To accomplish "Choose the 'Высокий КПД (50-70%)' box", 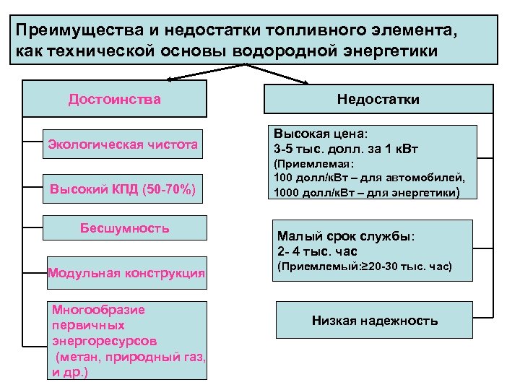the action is (123, 190).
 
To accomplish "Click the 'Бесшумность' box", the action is (124, 228).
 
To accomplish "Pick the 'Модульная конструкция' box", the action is (126, 273).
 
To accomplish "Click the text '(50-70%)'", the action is (170, 190).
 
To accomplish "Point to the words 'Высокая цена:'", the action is (320, 135).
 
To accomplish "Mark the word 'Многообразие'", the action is (99, 310).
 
